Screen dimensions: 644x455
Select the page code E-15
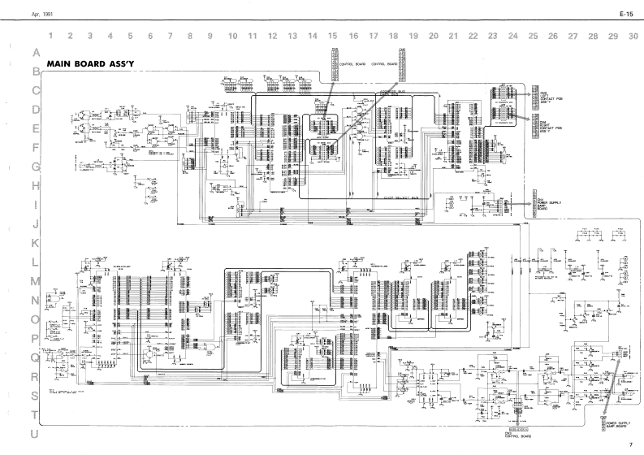click(625, 15)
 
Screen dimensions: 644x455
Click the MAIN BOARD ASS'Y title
click(92, 63)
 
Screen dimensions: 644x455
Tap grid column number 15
click(333, 36)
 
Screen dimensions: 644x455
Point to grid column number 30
click(633, 36)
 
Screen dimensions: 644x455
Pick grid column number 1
click(50, 36)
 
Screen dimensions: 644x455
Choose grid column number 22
click(473, 36)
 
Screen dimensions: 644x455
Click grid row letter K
click(35, 242)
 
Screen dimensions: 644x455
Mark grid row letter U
click(35, 435)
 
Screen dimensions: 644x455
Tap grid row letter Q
click(35, 357)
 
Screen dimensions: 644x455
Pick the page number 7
click(629, 445)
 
